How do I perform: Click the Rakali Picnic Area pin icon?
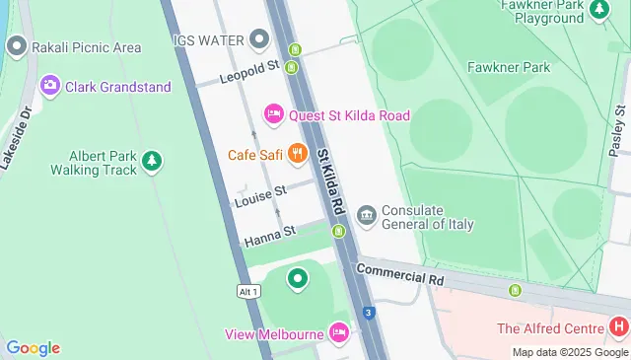16,46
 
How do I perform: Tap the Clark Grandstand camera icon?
49,86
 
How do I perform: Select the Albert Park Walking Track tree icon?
151,160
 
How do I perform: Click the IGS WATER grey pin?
259,39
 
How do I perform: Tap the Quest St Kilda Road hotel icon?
275,115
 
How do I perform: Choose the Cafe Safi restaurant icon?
298,155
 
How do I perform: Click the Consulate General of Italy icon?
367,215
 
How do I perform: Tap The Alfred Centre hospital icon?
618,326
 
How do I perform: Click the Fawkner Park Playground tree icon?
598,10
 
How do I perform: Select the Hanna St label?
270,234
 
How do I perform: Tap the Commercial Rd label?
400,274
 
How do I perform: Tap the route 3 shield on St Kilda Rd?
368,313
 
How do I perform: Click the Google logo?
33,347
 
